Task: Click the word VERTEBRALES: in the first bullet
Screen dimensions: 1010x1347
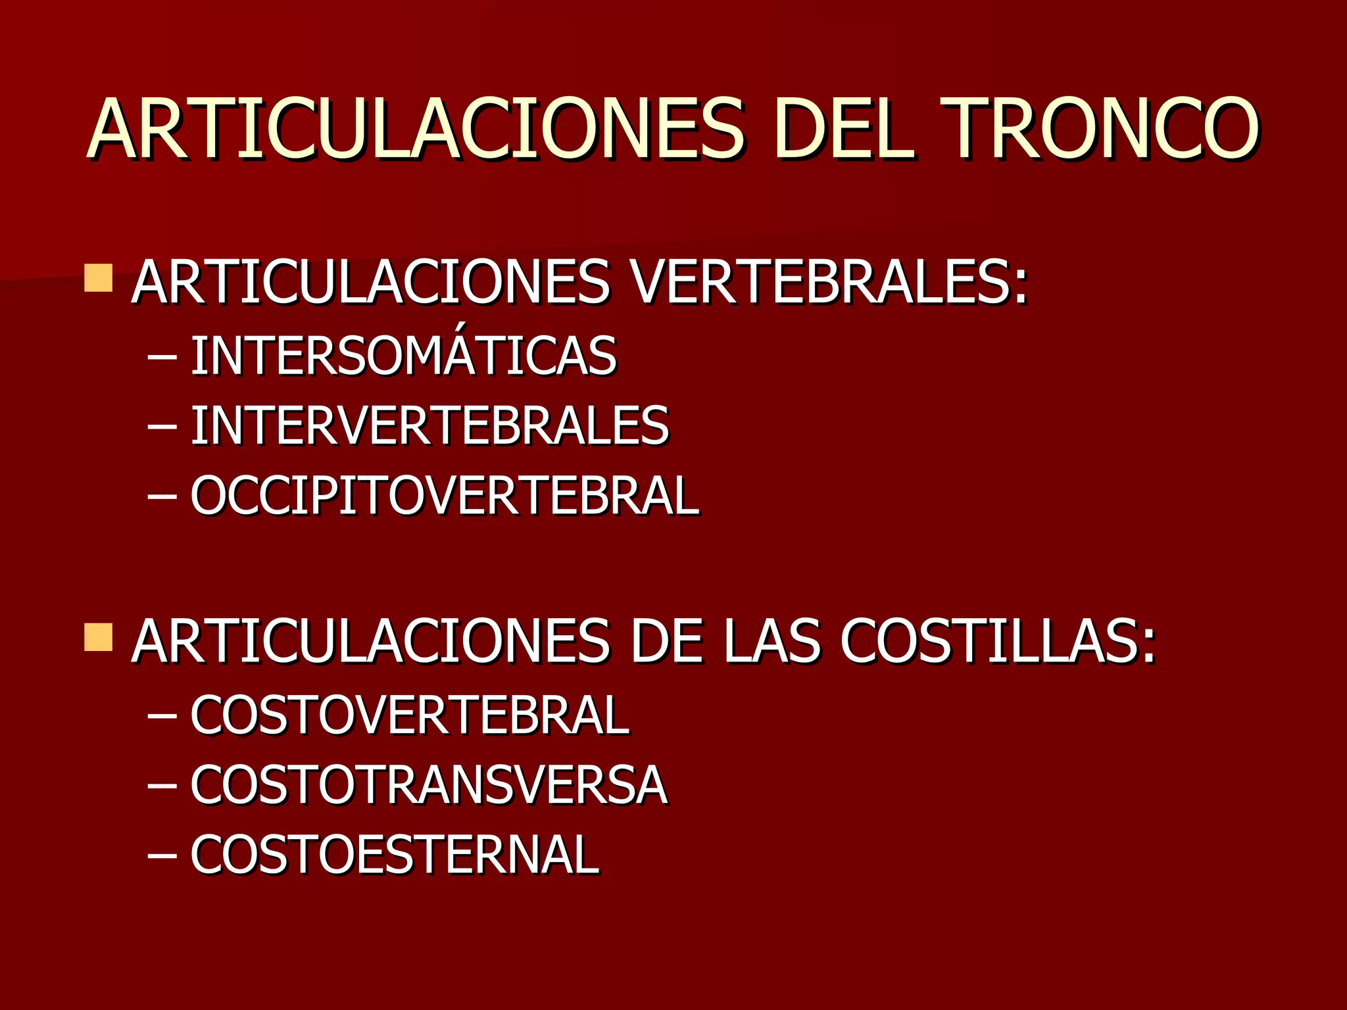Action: (828, 283)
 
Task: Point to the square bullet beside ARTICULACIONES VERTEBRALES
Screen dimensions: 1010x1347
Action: (98, 278)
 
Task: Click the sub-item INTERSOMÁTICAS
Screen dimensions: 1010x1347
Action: (403, 356)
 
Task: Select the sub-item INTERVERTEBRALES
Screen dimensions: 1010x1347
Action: (429, 426)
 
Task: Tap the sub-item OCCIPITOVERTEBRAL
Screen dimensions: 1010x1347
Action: (445, 496)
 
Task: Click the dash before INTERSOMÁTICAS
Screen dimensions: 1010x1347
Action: (162, 357)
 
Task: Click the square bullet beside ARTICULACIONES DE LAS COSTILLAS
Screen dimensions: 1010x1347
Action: (98, 638)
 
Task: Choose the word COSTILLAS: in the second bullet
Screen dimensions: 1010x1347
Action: (997, 642)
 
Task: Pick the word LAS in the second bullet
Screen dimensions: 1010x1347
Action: (771, 642)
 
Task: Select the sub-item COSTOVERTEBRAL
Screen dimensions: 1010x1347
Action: (410, 715)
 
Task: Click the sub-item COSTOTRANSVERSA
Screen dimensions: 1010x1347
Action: (429, 785)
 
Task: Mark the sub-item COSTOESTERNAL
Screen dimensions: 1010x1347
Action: (395, 855)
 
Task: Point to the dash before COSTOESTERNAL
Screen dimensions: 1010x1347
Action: (162, 856)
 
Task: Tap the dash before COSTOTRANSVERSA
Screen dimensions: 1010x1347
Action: (162, 786)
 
